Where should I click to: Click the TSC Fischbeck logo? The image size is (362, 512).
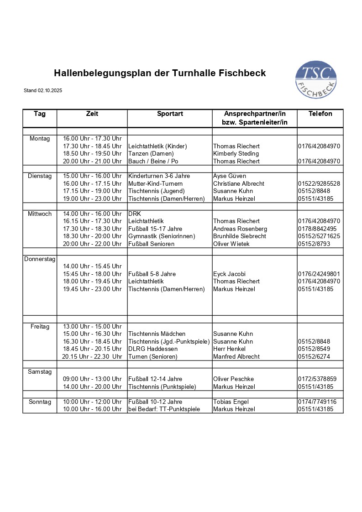pyautogui.click(x=316, y=80)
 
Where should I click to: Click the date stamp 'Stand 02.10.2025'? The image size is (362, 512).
pyautogui.click(x=43, y=91)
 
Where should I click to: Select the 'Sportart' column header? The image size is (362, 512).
pyautogui.click(x=170, y=114)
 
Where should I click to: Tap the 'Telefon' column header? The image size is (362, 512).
pyautogui.click(x=320, y=114)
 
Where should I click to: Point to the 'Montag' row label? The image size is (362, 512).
pyautogui.click(x=40, y=139)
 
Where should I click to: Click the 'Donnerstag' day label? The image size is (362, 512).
pyautogui.click(x=40, y=259)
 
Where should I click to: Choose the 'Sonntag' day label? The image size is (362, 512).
pyautogui.click(x=40, y=402)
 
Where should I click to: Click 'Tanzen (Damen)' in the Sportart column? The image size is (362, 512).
pyautogui.click(x=151, y=154)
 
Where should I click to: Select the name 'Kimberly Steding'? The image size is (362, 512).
pyautogui.click(x=236, y=154)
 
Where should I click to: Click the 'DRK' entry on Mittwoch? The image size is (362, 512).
pyautogui.click(x=135, y=214)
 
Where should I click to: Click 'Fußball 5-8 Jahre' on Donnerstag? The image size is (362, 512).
pyautogui.click(x=152, y=274)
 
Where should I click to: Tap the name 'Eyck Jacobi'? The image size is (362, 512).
pyautogui.click(x=229, y=274)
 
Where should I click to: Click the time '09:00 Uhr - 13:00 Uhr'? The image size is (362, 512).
pyautogui.click(x=92, y=379)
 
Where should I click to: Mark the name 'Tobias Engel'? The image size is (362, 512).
pyautogui.click(x=231, y=402)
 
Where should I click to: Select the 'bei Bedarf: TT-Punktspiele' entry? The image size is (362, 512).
pyautogui.click(x=164, y=409)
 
